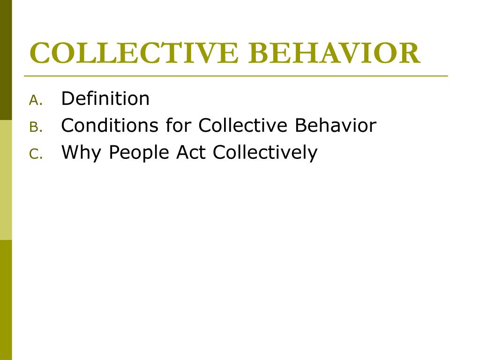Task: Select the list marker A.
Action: pyautogui.click(x=36, y=100)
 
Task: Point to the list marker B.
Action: pyautogui.click(x=36, y=127)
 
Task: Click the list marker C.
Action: pyautogui.click(x=36, y=154)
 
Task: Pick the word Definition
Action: pyautogui.click(x=105, y=98)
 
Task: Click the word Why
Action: pyautogui.click(x=80, y=153)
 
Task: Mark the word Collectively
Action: pyautogui.click(x=265, y=153)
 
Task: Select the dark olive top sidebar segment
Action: pyautogui.click(x=6, y=60)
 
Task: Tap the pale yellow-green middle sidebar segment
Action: pyautogui.click(x=6, y=180)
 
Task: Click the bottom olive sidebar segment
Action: pyautogui.click(x=6, y=300)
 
